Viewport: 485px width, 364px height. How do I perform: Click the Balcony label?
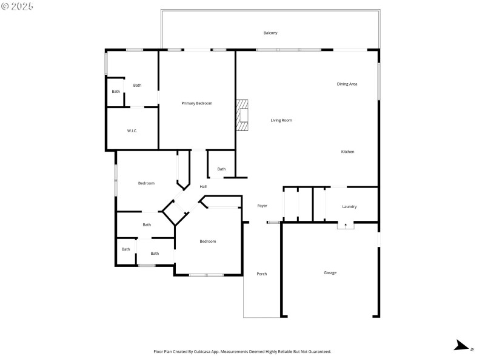pyautogui.click(x=270, y=33)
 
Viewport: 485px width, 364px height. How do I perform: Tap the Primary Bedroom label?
pyautogui.click(x=197, y=103)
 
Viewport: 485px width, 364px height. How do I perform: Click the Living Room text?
pyautogui.click(x=281, y=120)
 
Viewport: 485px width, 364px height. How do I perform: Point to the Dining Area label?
pyautogui.click(x=347, y=84)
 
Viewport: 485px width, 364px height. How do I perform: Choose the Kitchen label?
pyautogui.click(x=347, y=152)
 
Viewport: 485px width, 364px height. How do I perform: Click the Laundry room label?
pyautogui.click(x=349, y=206)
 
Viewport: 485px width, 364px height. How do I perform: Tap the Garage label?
pyautogui.click(x=330, y=272)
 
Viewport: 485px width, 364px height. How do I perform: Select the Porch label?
pyautogui.click(x=262, y=274)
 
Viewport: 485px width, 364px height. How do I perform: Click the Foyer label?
pyautogui.click(x=262, y=206)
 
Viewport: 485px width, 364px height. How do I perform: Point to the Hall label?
pyautogui.click(x=203, y=186)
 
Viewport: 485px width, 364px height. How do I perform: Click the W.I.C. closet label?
pyautogui.click(x=132, y=130)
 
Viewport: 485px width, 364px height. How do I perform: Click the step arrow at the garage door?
pyautogui.click(x=346, y=225)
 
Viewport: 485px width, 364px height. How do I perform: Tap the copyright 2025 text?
pyautogui.click(x=18, y=6)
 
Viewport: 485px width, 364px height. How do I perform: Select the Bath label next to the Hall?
pyautogui.click(x=221, y=169)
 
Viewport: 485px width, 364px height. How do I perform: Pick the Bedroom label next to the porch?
pyautogui.click(x=208, y=241)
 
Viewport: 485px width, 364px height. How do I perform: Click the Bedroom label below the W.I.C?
pyautogui.click(x=146, y=183)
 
